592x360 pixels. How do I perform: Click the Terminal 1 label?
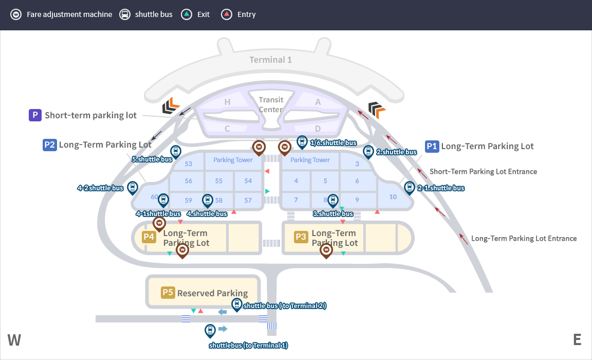[x=270, y=60]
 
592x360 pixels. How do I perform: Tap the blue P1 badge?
[x=432, y=146]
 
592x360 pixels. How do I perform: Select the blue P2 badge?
[x=49, y=145]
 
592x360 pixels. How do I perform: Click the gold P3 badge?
[x=301, y=237]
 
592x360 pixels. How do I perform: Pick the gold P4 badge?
[x=149, y=237]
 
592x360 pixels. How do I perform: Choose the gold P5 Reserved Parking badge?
[x=168, y=293]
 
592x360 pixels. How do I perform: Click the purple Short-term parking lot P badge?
[x=35, y=115]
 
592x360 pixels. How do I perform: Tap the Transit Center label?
[x=271, y=104]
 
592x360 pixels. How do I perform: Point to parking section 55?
[x=219, y=181]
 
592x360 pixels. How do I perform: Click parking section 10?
[x=393, y=196]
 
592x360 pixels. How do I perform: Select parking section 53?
[x=188, y=164]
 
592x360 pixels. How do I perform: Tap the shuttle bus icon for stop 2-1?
[x=410, y=187]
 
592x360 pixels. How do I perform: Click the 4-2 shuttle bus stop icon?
[x=133, y=187]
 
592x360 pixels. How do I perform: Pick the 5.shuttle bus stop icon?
[x=176, y=152]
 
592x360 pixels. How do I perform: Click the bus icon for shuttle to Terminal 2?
[x=236, y=304]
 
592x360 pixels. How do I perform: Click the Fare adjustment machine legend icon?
[x=16, y=14]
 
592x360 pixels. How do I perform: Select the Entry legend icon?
[x=227, y=14]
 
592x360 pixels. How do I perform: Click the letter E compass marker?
[x=577, y=339]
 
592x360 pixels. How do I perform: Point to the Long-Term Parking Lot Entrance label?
[x=524, y=239]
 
